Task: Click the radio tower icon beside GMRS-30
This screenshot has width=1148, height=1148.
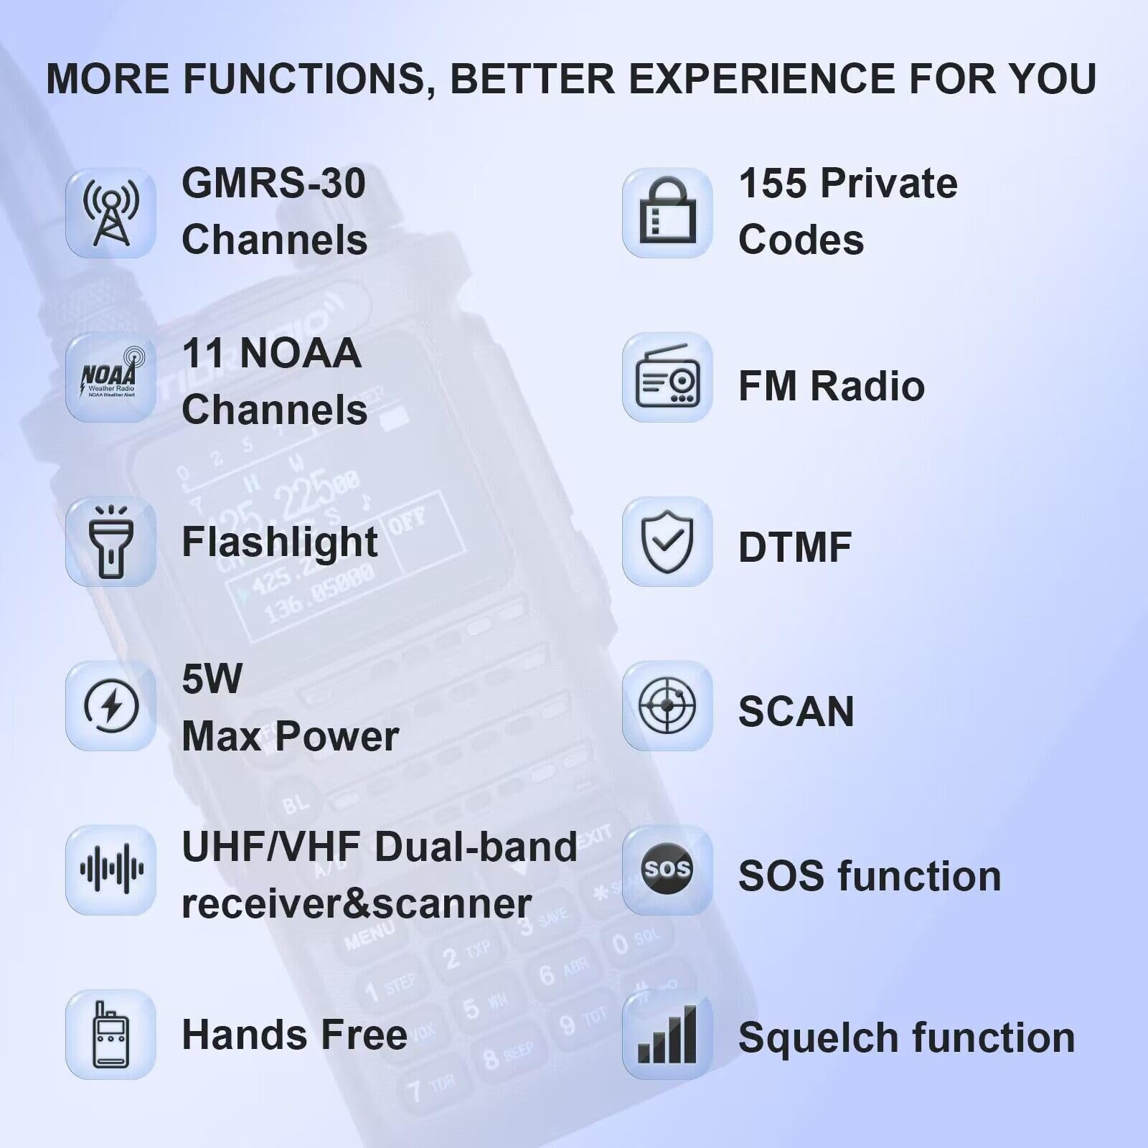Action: (x=110, y=213)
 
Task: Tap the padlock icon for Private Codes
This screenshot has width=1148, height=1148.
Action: (x=667, y=213)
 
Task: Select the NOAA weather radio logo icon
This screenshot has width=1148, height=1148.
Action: (x=110, y=377)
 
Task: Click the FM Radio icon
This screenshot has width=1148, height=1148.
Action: (x=667, y=377)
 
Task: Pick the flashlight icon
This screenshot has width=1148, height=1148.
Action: (x=110, y=542)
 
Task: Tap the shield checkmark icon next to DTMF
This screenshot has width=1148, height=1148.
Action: (x=667, y=542)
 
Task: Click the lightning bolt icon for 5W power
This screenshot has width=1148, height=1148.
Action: (x=110, y=706)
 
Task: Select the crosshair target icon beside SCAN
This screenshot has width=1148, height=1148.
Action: (x=667, y=706)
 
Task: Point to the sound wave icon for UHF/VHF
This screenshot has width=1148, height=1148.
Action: (x=110, y=870)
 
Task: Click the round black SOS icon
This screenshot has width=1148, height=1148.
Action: (x=667, y=870)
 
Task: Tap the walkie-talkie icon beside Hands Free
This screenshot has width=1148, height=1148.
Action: (x=110, y=1035)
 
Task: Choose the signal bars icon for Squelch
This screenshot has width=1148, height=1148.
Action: (x=667, y=1035)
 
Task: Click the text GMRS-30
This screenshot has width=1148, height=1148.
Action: (x=273, y=184)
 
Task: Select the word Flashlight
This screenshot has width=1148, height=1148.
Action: (x=280, y=542)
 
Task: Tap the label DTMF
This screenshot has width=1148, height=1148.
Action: (x=795, y=547)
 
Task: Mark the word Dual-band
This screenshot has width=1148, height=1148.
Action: (x=476, y=847)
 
